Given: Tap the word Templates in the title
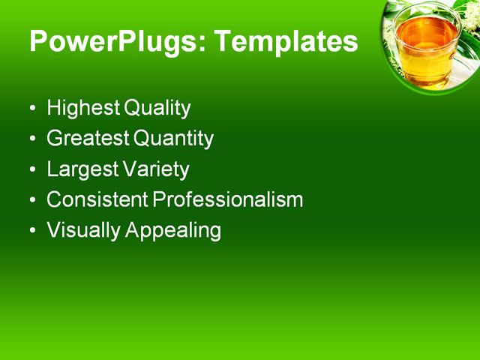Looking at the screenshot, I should coord(286,42).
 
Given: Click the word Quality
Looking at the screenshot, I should coord(157,108).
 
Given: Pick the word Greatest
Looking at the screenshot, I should coord(88,139).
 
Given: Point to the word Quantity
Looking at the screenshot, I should coord(173,139).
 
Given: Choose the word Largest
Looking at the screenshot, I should coord(81,169).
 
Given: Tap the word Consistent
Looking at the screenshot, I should coord(97,200).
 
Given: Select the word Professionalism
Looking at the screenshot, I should coord(228,200).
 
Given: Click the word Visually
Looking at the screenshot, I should coord(83,230).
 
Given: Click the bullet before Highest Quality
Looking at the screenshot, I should coord(32,109).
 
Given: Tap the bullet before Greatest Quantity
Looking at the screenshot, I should coord(32,139).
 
